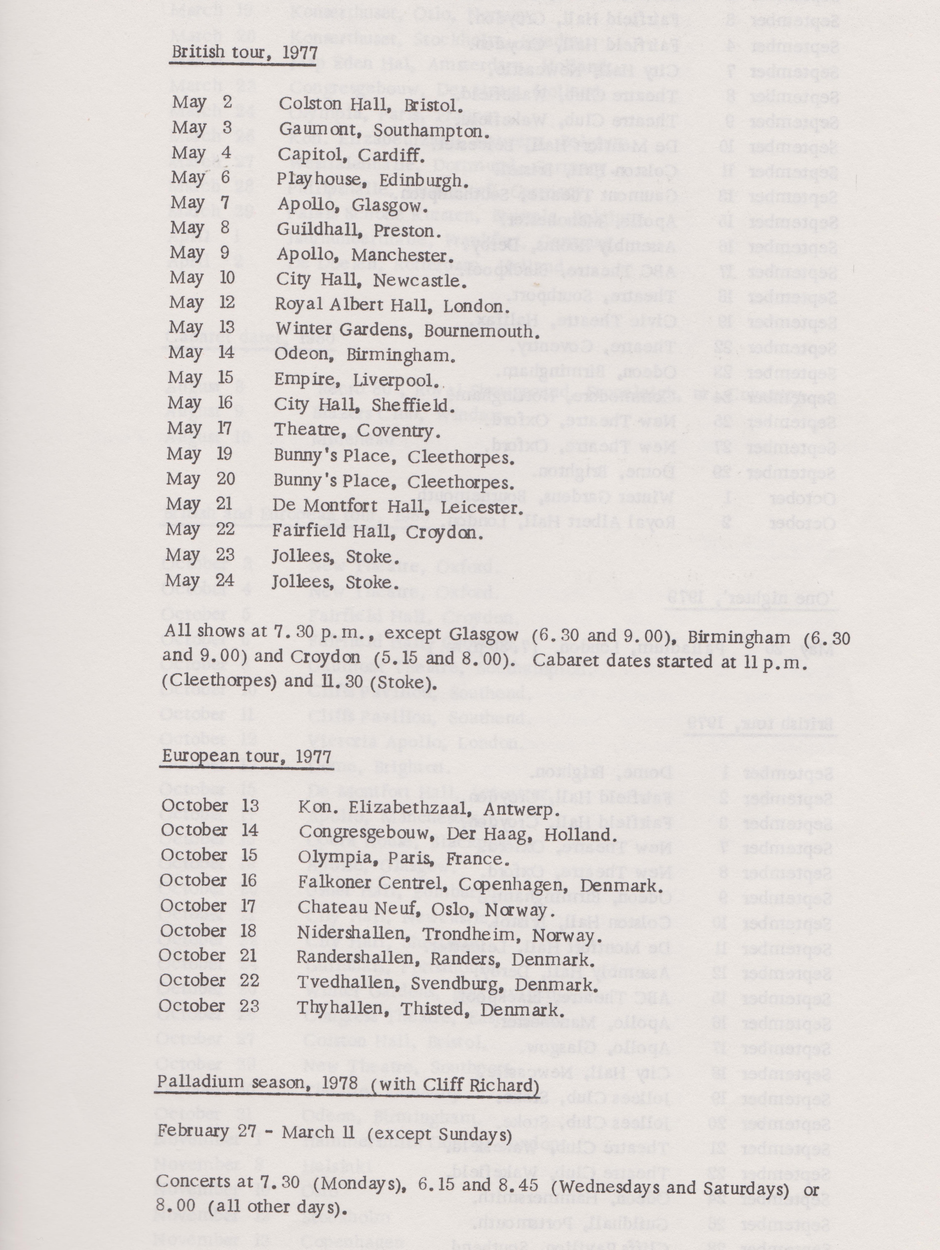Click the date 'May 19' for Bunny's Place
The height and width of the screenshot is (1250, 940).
point(199,454)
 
